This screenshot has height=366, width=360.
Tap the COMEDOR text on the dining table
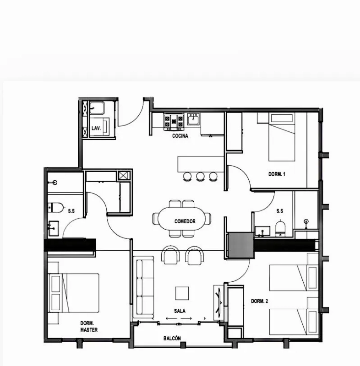click(x=185, y=221)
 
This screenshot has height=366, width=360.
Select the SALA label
click(x=180, y=311)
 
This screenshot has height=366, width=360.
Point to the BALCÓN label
click(x=172, y=339)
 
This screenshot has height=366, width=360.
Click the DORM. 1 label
click(x=277, y=174)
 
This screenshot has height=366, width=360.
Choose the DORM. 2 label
click(x=260, y=301)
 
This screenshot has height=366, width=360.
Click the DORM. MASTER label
click(x=88, y=326)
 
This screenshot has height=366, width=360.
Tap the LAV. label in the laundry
click(x=96, y=128)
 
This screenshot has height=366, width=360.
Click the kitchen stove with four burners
click(x=174, y=121)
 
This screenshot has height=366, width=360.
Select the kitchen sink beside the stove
click(x=193, y=121)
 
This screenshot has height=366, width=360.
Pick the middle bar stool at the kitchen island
click(x=200, y=176)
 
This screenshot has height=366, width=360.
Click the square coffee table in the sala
click(x=182, y=293)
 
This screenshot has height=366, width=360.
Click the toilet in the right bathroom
click(x=280, y=228)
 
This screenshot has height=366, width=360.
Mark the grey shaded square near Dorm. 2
click(x=240, y=246)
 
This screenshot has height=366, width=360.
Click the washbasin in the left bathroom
click(x=53, y=227)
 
